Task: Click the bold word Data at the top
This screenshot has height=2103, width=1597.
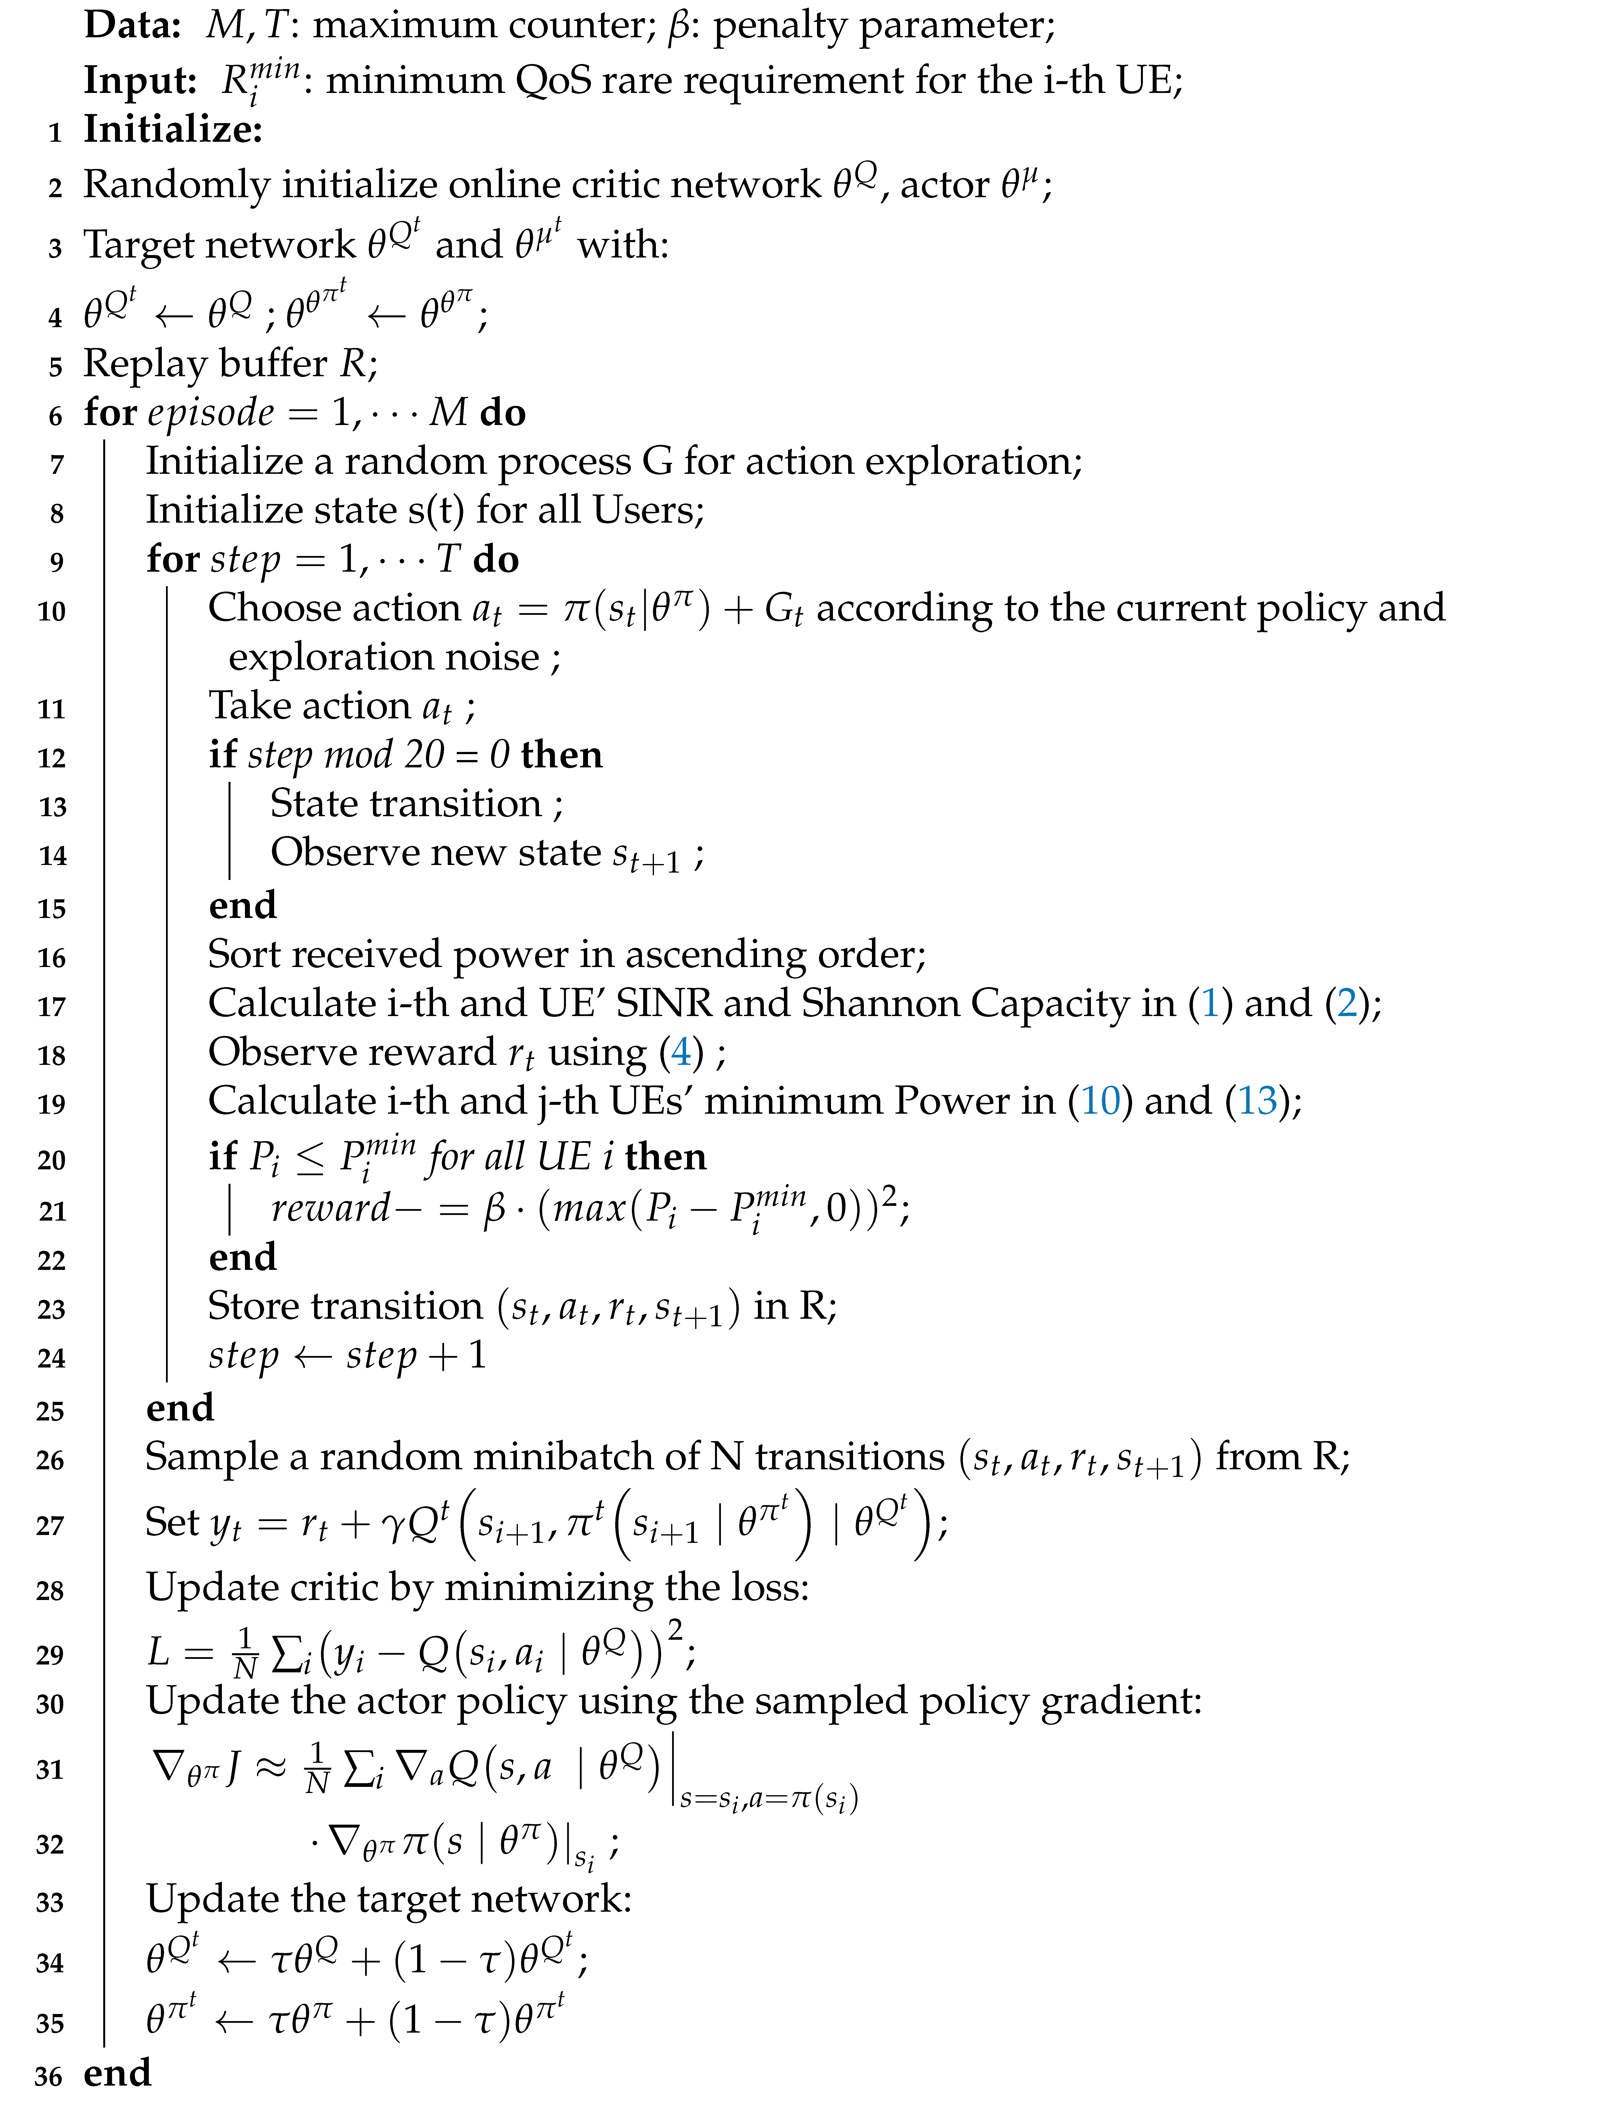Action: [132, 26]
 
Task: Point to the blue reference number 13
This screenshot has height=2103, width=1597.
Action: [1257, 1102]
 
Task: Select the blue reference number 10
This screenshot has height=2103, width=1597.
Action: [1101, 1102]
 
